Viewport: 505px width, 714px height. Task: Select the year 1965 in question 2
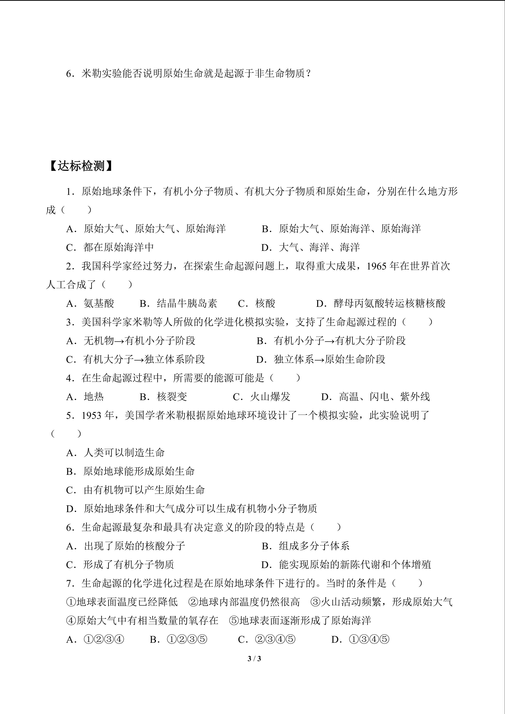pos(377,266)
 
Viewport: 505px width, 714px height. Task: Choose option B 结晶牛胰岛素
pos(179,303)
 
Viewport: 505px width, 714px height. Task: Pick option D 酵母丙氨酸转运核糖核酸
pos(381,303)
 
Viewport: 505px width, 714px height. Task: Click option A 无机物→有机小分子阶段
pos(131,341)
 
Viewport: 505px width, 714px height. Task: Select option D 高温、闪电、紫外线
pos(376,397)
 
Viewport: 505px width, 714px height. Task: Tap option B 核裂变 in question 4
pos(164,397)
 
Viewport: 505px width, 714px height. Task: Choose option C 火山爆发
pos(262,397)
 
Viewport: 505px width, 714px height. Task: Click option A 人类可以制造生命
pos(116,453)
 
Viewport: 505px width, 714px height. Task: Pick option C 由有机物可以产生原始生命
pos(136,490)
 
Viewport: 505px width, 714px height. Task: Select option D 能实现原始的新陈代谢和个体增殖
pos(346,565)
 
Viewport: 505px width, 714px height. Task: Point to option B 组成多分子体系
pos(306,546)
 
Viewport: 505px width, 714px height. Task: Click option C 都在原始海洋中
pos(110,247)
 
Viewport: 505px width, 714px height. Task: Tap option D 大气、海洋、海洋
pos(310,247)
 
